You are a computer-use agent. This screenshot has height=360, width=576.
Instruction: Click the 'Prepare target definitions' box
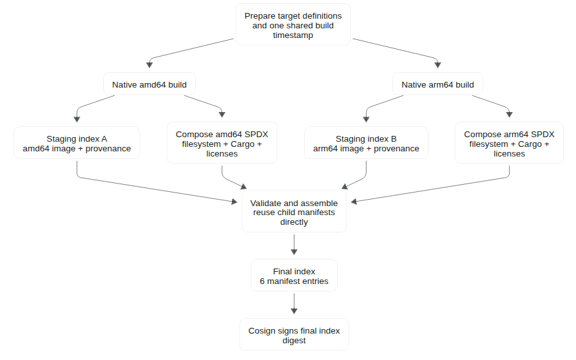tap(293, 25)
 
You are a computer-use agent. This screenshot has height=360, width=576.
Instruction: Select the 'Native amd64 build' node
tap(149, 84)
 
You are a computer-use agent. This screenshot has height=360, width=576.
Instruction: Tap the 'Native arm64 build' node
tap(437, 84)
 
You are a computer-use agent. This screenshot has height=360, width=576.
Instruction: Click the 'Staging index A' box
tap(77, 143)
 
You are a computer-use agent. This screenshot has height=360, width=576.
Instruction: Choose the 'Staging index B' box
tap(366, 143)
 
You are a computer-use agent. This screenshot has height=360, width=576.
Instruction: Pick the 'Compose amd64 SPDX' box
tap(222, 143)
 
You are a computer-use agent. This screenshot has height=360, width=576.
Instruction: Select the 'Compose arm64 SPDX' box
tap(509, 143)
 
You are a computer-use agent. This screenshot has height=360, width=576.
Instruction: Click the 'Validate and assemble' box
tap(294, 212)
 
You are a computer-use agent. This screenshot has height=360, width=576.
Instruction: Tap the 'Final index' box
tap(294, 276)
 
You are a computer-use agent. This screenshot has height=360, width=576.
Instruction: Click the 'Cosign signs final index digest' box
tap(294, 335)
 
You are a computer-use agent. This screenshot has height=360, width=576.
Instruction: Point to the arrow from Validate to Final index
tap(294, 244)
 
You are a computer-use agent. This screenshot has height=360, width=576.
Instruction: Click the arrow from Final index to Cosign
tap(294, 303)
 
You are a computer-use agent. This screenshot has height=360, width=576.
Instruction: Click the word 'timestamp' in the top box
tap(293, 35)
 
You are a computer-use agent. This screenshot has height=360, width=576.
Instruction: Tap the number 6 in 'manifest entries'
tap(262, 281)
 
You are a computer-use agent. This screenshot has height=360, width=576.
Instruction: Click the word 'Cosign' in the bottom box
tap(260, 331)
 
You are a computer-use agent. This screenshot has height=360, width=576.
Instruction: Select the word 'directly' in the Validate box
tap(294, 222)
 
